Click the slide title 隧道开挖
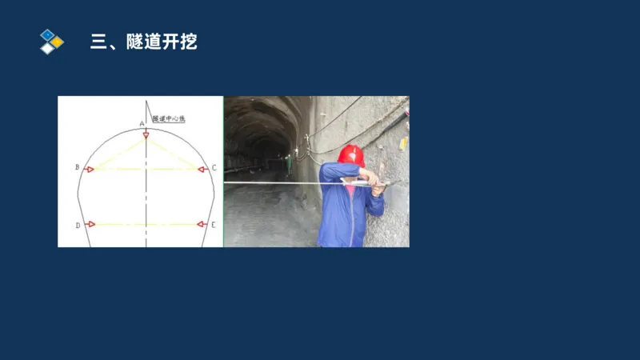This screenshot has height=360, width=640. [143, 42]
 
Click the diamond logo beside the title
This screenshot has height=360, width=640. [50, 41]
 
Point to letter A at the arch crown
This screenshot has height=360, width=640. [142, 123]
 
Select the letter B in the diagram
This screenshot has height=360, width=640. [77, 168]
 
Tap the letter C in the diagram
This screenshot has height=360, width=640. [214, 168]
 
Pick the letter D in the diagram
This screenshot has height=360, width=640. [78, 226]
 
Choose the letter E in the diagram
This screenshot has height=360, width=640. [214, 226]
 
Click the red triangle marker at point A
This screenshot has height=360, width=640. [146, 134]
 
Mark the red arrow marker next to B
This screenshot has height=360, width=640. [90, 169]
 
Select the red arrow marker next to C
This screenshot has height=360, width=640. [202, 169]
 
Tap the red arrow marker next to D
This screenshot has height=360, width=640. [90, 225]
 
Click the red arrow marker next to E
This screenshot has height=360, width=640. [202, 225]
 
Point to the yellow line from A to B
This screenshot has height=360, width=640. [118, 151]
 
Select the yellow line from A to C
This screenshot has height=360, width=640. [173, 151]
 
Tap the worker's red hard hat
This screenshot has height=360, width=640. [350, 154]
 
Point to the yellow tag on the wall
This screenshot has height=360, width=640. [403, 144]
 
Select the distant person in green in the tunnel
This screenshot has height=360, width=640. [289, 164]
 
